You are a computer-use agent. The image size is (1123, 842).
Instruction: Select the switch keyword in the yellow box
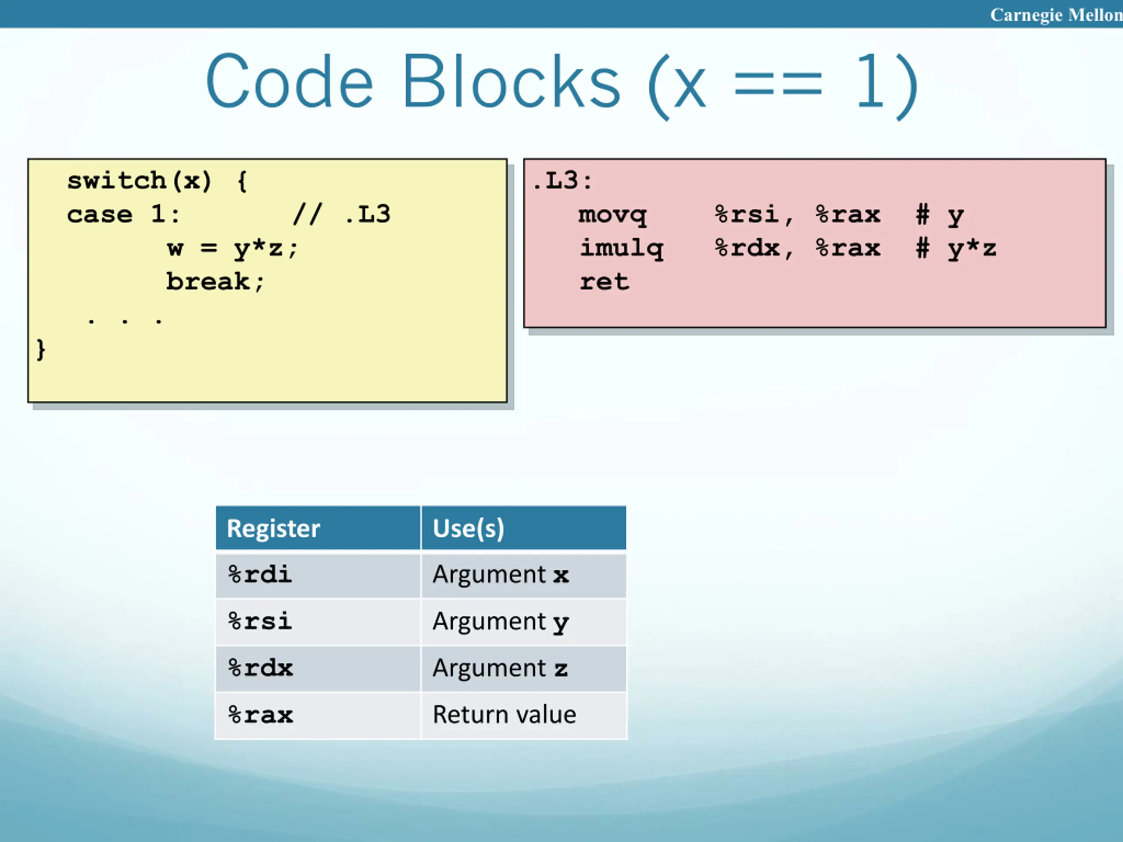coord(116,181)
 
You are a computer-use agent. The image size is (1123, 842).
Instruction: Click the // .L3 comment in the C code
coord(342,214)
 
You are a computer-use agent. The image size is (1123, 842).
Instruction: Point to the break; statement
coord(215,282)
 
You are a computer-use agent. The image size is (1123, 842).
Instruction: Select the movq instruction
coord(612,215)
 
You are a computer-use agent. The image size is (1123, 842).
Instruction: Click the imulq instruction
coord(622,248)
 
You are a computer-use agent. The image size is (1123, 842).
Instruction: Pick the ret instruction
coord(604,282)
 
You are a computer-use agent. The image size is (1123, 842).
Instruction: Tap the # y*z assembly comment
coord(956,249)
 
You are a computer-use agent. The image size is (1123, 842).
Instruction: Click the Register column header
coord(273,528)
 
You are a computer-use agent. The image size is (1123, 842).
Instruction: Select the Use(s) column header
coord(468,528)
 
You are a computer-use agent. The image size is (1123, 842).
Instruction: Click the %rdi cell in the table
coord(260,574)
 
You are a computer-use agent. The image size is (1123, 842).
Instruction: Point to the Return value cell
coord(504,715)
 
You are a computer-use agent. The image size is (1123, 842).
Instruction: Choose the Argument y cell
coord(501,622)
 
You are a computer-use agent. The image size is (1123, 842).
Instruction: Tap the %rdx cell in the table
coord(261,668)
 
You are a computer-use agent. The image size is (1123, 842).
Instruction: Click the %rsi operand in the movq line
coord(747,215)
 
